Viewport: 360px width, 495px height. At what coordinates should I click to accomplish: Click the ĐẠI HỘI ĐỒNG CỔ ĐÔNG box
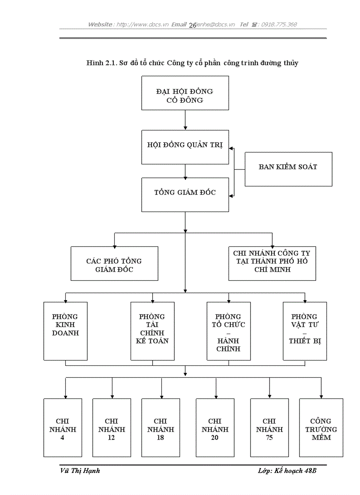[185, 93]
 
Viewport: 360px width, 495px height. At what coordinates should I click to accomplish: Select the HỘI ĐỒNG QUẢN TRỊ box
[185, 147]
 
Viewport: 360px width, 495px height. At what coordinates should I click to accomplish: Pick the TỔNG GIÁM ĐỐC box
[185, 194]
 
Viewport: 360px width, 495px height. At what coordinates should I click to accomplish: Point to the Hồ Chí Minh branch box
[272, 263]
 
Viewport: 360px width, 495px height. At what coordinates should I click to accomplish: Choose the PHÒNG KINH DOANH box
[65, 331]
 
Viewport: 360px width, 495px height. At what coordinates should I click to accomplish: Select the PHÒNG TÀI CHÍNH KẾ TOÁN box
[153, 331]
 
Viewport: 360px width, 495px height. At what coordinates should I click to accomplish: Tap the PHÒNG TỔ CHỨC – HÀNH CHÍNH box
[229, 331]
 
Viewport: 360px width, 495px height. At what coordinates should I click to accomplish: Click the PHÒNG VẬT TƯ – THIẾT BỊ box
[305, 331]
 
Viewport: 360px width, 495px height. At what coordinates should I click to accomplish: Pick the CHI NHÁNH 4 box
[63, 428]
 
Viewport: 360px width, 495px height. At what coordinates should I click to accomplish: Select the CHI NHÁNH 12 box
[112, 428]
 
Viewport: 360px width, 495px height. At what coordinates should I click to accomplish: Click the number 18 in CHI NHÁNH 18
[161, 438]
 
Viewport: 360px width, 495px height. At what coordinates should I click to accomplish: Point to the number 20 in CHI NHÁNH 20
[215, 438]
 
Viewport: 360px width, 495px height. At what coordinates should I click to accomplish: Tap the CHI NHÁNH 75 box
[269, 428]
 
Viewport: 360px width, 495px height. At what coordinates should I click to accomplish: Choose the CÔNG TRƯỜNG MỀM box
[321, 428]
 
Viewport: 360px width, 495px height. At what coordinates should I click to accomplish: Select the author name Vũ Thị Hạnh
[80, 471]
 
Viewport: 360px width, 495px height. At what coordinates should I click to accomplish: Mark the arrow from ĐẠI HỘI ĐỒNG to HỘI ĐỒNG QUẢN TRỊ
[185, 119]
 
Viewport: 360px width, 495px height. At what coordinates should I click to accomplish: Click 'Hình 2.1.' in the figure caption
[101, 63]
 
